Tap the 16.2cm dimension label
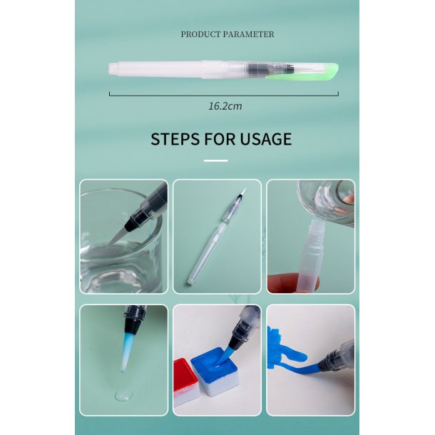click(x=225, y=106)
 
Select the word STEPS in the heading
click(x=175, y=138)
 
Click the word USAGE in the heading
click(x=266, y=138)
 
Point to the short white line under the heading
click(x=215, y=160)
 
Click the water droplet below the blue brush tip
click(x=121, y=394)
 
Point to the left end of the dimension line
click(x=110, y=93)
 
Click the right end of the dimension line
click(x=338, y=93)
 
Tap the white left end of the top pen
click(x=114, y=69)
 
